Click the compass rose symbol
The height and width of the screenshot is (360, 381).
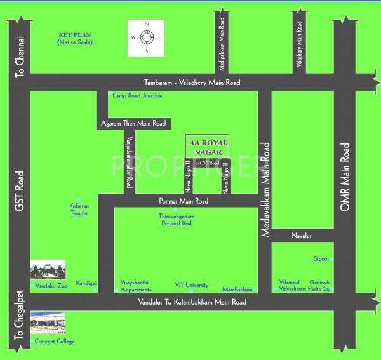[147, 38]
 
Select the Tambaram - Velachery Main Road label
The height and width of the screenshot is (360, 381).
[192, 83]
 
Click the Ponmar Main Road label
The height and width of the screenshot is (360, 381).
[184, 201]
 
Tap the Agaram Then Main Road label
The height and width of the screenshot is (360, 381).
[133, 123]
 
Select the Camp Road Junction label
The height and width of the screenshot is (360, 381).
[137, 95]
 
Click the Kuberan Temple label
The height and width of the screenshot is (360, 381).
[79, 210]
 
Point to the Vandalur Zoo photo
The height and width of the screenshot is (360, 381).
[48, 271]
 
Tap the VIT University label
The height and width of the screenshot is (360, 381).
[192, 285]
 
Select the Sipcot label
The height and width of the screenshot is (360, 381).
[321, 259]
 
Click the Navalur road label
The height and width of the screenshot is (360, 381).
[303, 236]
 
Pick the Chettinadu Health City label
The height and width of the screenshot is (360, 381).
[320, 285]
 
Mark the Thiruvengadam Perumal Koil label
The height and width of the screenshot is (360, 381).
[176, 220]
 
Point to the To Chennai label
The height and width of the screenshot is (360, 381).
[19, 57]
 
